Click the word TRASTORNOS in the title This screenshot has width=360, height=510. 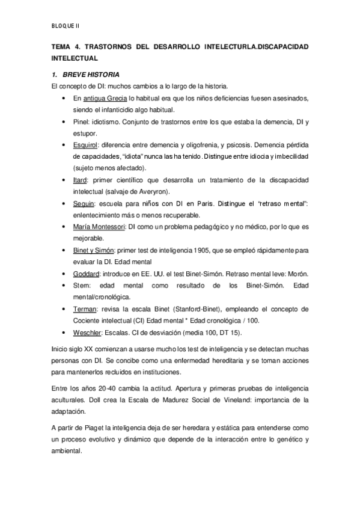(110, 46)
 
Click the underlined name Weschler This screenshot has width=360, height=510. (88, 332)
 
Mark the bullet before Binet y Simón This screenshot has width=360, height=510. (64, 250)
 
